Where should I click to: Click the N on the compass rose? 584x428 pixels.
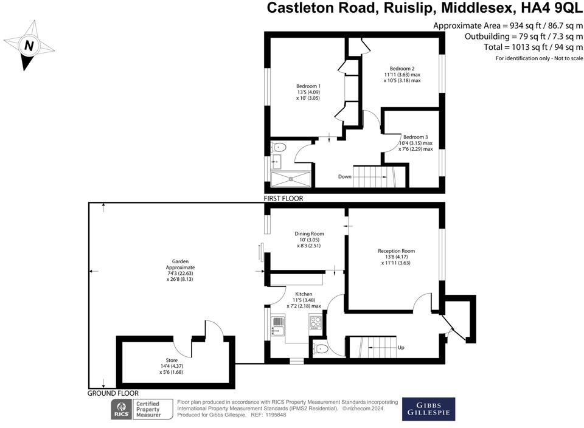coord(29,46)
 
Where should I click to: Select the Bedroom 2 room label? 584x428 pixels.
coord(402,68)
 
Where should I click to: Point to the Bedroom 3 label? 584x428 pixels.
coord(415,137)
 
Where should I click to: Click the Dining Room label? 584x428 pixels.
coord(309,233)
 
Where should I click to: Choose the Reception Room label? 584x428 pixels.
coord(396,251)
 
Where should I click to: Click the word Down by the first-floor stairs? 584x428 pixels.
coord(344,178)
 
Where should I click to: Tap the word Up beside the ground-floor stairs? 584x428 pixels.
coord(401,348)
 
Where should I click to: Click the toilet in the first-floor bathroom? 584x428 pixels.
coord(279,147)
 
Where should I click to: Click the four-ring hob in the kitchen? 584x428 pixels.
coord(316,323)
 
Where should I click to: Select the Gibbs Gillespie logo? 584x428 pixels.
coord(428,409)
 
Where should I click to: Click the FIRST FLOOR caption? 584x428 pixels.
coord(283,199)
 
